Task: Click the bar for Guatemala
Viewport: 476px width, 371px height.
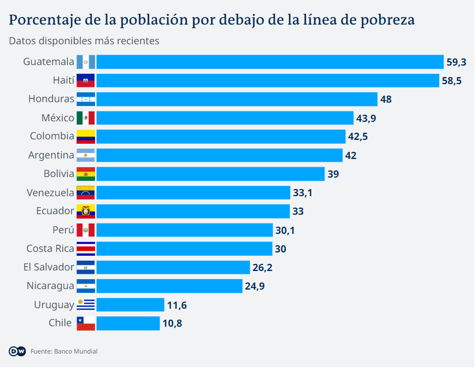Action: coord(269,62)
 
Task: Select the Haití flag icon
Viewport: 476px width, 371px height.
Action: coord(86,80)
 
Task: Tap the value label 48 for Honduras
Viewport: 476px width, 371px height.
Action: coord(386,99)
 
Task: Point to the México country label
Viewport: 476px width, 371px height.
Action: coord(57,118)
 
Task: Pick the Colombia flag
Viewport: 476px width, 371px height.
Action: coord(86,137)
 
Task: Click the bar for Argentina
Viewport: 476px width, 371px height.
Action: coord(219,155)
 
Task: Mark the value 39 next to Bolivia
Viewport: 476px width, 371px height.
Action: coord(333,174)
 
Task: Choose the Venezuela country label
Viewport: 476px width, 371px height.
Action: coord(50,193)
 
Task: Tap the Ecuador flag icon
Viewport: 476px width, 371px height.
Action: coord(86,211)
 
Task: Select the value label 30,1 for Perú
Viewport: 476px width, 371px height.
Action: coord(285,231)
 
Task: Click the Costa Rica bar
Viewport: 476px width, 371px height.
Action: coord(184,249)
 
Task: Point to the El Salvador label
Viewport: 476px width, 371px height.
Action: coord(49,267)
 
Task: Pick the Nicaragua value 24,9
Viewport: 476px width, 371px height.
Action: coord(255,286)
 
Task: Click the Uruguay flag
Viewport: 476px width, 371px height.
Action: coord(86,305)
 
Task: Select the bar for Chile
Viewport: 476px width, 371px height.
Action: coord(128,323)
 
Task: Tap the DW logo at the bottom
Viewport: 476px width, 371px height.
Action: coord(17,351)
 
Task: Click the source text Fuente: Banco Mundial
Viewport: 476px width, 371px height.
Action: coord(64,351)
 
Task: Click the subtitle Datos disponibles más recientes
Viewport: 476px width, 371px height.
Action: coord(84,41)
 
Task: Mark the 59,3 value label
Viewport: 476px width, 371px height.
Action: coord(456,62)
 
